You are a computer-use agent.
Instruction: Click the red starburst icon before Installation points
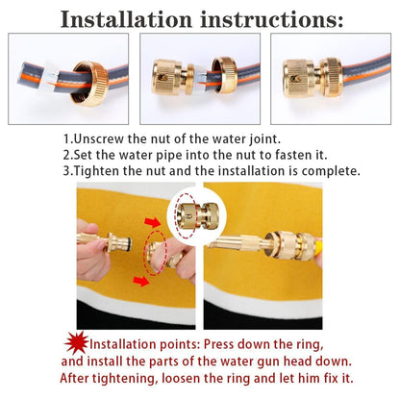[x=74, y=342]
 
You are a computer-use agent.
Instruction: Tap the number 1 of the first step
[x=67, y=139]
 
